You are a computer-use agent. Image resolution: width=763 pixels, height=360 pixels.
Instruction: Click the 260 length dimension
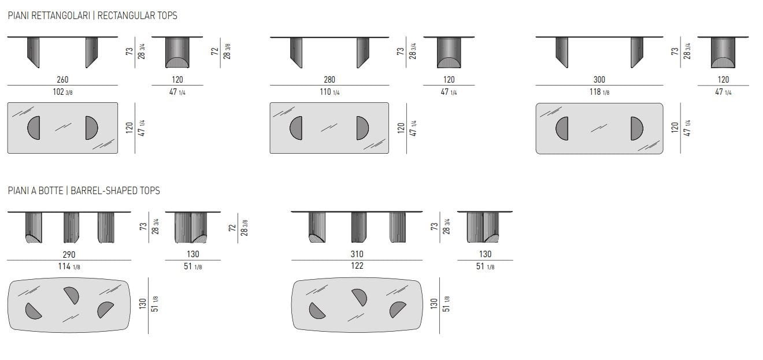[x=62, y=80]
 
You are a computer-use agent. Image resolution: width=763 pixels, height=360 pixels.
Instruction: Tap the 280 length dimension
[x=329, y=80]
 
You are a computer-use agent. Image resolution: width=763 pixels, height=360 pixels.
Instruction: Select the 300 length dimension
[x=599, y=80]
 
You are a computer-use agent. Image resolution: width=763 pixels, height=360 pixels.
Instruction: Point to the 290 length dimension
[x=69, y=255]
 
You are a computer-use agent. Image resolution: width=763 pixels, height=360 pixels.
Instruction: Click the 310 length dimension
[x=357, y=254]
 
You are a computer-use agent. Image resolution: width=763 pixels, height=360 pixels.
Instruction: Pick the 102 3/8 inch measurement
[x=62, y=92]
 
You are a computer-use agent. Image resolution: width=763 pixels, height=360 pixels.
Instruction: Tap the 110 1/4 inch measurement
[x=329, y=92]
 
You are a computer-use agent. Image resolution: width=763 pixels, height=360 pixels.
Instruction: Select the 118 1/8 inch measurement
[x=599, y=92]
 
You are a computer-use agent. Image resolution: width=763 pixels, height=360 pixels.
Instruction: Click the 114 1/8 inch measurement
[x=69, y=266]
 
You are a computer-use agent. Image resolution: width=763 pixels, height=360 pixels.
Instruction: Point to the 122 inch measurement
[x=357, y=266]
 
